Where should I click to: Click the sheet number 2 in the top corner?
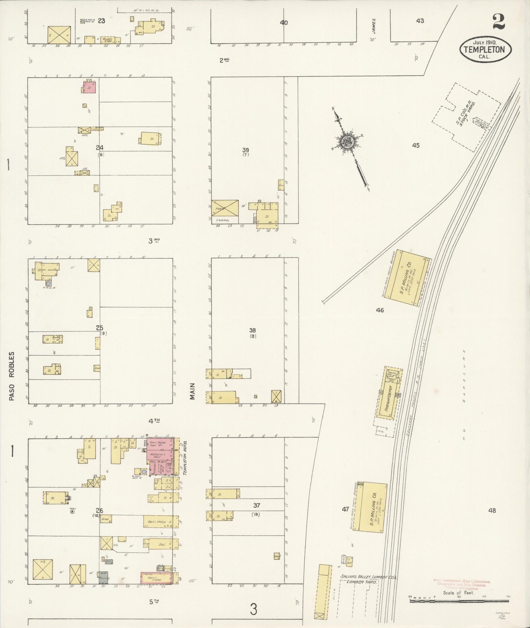tap(498, 22)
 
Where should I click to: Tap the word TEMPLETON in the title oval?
tap(485, 50)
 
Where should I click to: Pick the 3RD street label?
tap(153, 241)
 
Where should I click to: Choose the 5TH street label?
tap(153, 602)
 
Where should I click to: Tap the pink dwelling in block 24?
tap(89, 88)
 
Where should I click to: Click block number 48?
tap(492, 520)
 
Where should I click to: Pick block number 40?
tap(284, 23)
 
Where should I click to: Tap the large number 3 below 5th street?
tap(253, 609)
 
